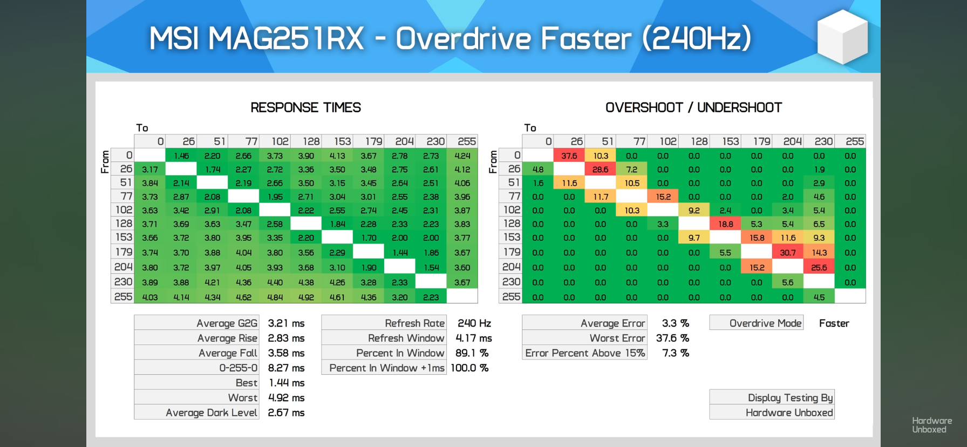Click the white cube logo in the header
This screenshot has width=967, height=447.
[842, 37]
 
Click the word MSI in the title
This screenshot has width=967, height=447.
[174, 39]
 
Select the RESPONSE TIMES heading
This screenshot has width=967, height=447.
[305, 107]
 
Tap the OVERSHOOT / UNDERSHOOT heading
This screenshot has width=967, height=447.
[693, 107]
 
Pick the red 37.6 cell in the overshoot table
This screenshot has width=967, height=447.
[569, 155]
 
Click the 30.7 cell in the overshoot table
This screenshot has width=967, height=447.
[787, 253]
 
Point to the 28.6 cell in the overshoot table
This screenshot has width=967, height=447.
[600, 170]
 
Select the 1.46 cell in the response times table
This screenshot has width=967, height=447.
[181, 155]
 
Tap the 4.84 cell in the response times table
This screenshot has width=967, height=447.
[275, 297]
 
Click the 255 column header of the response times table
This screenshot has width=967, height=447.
[466, 141]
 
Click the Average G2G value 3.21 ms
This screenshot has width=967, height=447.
[286, 323]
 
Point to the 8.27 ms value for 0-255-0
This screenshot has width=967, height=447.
[286, 368]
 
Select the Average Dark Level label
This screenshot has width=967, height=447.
[211, 412]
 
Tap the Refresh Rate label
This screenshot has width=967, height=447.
[414, 323]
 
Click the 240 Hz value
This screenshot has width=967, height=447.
[474, 323]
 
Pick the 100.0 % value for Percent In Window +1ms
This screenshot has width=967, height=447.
[469, 368]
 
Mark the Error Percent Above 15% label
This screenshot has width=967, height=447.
[585, 353]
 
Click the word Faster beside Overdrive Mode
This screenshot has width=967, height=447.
[834, 323]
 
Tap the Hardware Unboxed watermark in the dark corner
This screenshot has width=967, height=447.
[931, 425]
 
